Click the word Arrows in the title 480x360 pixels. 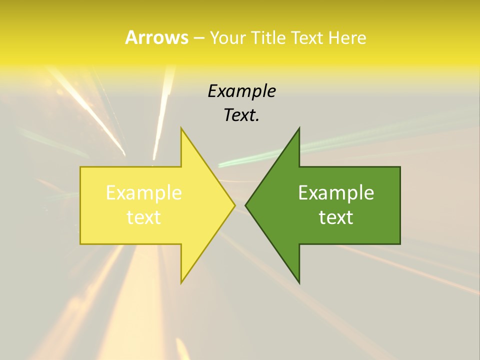(x=156, y=37)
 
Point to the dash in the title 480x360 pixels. (x=198, y=38)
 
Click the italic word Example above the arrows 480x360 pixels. (x=241, y=91)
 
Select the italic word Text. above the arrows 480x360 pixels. (x=241, y=115)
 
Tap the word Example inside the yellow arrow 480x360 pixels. (x=144, y=193)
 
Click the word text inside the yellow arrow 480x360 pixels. (x=144, y=217)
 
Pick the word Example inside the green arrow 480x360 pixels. (x=336, y=193)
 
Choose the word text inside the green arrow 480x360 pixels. (x=336, y=217)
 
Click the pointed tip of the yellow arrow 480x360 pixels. (x=235, y=205)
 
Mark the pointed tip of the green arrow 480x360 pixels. (x=245, y=205)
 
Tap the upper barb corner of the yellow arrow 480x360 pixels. (x=181, y=128)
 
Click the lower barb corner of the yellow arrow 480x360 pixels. (x=181, y=283)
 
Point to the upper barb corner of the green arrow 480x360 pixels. (x=299, y=128)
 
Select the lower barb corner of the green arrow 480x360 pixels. (x=299, y=283)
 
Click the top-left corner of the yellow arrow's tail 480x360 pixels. (x=80, y=167)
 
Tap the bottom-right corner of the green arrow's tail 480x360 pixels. (x=400, y=244)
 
